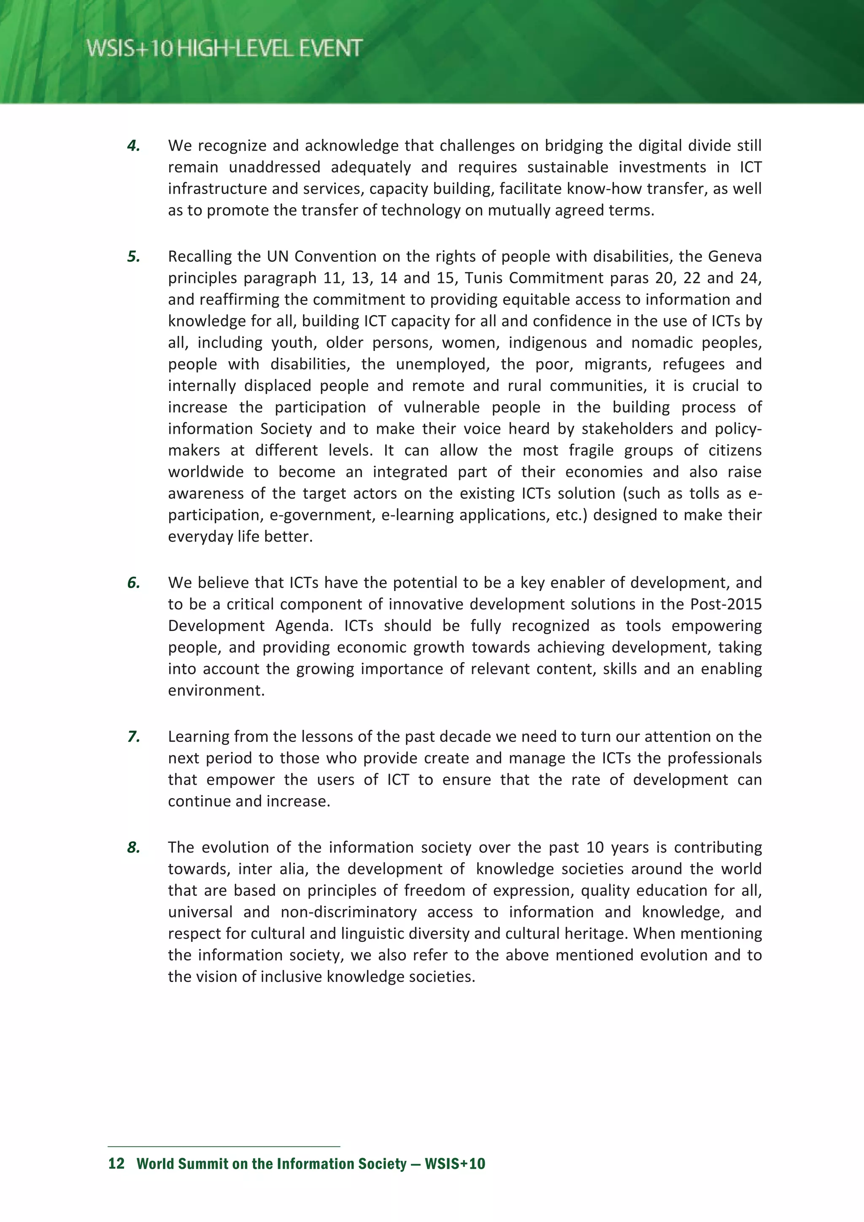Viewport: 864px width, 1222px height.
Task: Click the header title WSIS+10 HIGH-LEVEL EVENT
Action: (x=224, y=49)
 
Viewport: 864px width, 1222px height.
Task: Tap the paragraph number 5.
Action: (x=134, y=256)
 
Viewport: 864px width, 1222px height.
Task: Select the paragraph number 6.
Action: (x=134, y=583)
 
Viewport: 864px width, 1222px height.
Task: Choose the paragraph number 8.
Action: (x=134, y=848)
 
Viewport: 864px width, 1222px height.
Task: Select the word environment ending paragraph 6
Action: (x=216, y=691)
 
